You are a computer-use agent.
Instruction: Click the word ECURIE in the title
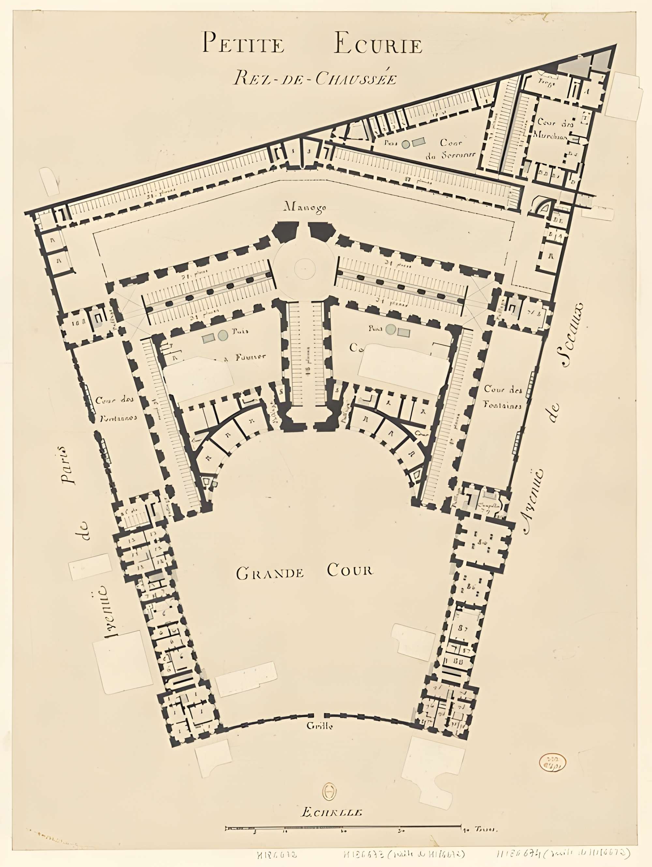[x=378, y=44]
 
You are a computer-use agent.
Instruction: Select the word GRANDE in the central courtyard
[x=270, y=573]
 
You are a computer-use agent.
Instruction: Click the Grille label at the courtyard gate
[x=319, y=726]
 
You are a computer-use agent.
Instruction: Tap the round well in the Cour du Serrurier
[x=406, y=144]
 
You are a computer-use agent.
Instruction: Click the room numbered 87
[x=463, y=627]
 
